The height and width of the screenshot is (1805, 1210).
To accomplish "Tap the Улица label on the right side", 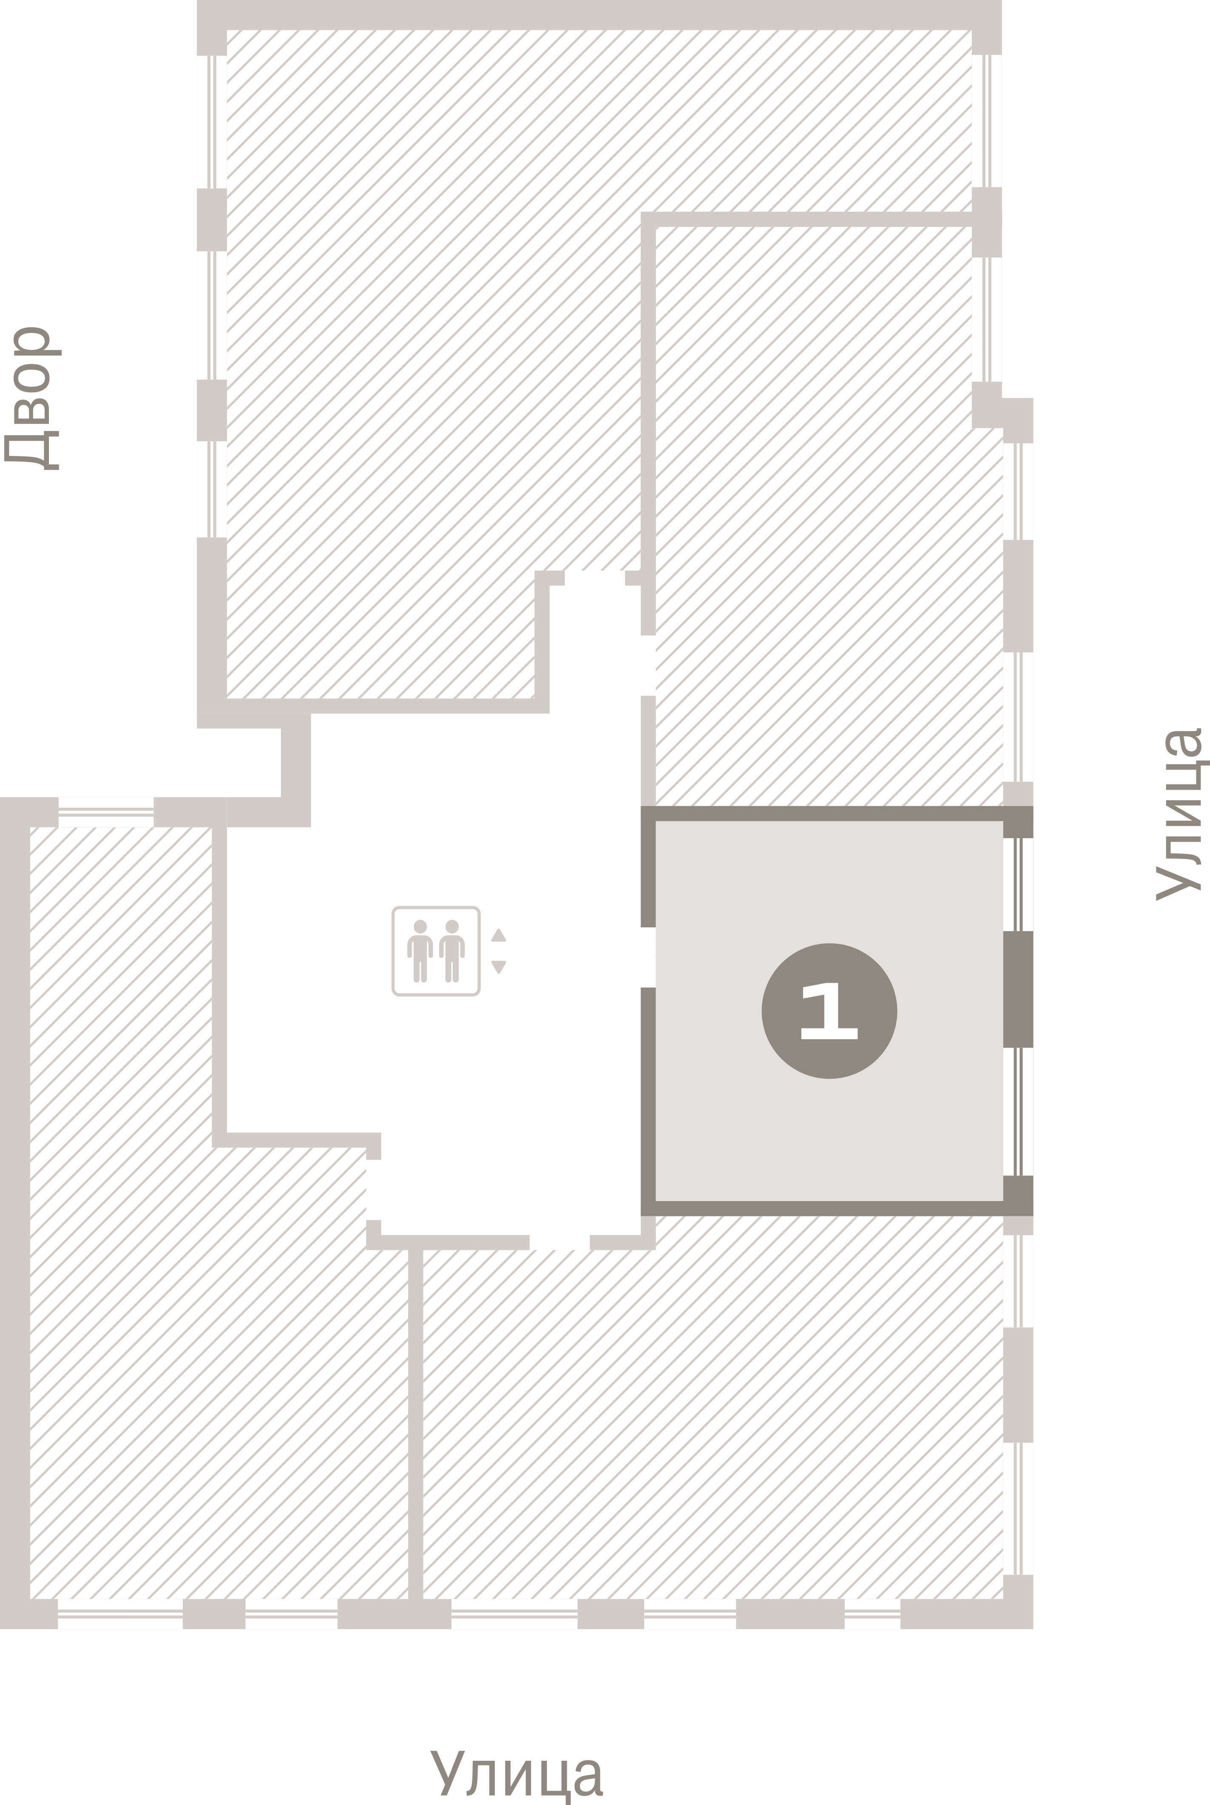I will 1179,814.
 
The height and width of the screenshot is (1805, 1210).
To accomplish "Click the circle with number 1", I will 829,1011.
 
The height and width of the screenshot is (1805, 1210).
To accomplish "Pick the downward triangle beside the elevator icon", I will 499,966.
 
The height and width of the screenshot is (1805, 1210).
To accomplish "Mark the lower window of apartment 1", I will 1019,1111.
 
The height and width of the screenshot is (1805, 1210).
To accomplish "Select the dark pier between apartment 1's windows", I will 1019,990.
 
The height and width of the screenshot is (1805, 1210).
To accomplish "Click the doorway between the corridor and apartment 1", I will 648,957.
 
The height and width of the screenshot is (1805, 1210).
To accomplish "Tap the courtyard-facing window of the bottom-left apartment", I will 106,811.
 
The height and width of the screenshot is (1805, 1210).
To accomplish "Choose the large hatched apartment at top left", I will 432,347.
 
